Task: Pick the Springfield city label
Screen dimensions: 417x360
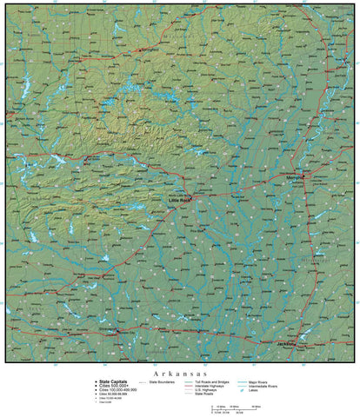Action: pos(150,50)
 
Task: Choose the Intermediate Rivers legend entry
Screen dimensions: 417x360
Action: pos(266,385)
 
